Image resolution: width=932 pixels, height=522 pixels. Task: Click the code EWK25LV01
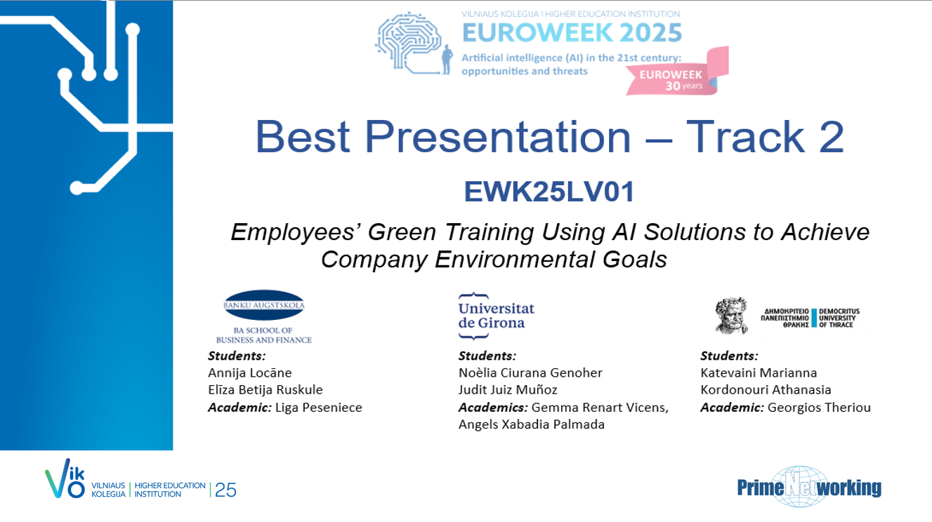[549, 192]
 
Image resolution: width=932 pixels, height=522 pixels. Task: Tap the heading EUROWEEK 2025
[572, 33]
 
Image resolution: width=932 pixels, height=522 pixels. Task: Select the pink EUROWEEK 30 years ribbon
[677, 72]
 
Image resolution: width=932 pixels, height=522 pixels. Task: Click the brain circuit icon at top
[414, 43]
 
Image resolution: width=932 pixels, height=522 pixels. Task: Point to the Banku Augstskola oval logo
[264, 305]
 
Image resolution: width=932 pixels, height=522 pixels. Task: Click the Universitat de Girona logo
[496, 316]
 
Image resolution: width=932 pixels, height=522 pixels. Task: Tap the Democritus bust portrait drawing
[731, 316]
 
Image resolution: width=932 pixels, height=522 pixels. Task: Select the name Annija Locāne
[249, 373]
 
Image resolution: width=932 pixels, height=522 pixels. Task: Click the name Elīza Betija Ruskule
[265, 390]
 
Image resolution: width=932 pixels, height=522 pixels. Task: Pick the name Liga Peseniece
[319, 408]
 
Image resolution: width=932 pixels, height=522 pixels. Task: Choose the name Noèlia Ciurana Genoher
[530, 373]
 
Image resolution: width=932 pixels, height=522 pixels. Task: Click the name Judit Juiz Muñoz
[508, 390]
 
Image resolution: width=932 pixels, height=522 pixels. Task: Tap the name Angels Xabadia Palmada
[532, 424]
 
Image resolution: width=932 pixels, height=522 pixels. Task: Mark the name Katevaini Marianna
[759, 373]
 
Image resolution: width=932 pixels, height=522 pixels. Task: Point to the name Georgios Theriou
[819, 408]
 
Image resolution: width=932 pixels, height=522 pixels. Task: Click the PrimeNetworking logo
[809, 487]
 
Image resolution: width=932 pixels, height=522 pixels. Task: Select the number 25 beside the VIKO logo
[226, 490]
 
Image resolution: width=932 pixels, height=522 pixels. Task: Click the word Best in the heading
[303, 137]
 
